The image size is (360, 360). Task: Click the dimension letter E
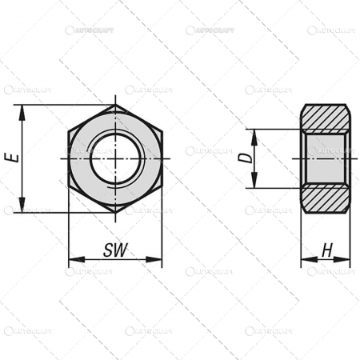click(x=12, y=158)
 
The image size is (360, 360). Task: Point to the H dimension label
click(x=326, y=250)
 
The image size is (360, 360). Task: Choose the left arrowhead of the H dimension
click(x=305, y=260)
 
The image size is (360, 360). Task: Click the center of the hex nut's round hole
click(x=115, y=158)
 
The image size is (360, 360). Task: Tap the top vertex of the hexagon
click(x=115, y=105)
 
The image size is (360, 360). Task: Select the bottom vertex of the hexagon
click(x=115, y=212)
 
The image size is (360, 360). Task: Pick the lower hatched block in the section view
click(x=325, y=199)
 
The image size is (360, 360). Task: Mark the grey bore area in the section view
click(x=325, y=158)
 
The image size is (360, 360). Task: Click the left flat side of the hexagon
click(x=70, y=158)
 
